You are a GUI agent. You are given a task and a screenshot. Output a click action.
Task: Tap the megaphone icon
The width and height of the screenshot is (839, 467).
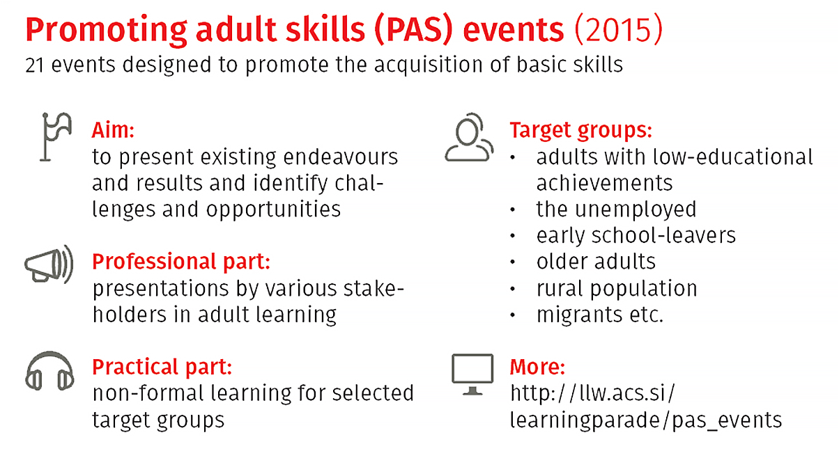point(49,264)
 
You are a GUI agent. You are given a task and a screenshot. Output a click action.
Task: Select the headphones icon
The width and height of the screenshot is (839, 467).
point(49,371)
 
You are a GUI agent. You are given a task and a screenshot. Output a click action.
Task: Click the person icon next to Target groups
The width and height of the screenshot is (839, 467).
point(469,137)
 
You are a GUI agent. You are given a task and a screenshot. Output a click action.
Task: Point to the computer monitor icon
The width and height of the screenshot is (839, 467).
point(472,374)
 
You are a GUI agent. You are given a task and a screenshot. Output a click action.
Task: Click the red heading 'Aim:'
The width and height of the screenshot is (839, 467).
point(113,130)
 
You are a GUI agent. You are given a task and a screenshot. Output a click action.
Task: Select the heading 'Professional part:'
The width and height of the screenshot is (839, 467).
point(181,261)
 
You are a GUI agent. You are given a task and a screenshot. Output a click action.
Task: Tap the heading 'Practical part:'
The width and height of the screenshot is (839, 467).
point(162,367)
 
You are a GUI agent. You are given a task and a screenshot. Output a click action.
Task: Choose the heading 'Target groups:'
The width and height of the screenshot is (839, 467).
point(581,131)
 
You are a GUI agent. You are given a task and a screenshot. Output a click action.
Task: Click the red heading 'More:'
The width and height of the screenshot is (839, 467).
point(537,367)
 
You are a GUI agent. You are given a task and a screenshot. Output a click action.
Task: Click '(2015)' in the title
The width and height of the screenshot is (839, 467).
point(619,29)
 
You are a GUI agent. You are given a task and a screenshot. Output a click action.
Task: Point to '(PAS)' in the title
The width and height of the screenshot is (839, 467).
point(414,29)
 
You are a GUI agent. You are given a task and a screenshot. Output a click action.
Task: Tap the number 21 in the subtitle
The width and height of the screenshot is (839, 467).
point(34,65)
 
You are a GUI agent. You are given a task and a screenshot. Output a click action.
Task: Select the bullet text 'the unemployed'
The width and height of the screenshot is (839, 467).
point(616,209)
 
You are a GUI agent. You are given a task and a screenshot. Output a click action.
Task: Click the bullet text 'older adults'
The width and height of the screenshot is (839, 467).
point(596,261)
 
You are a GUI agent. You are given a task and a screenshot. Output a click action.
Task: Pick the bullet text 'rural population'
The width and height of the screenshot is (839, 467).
point(617,289)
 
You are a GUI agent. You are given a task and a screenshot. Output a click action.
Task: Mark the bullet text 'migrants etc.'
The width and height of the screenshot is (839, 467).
point(600,315)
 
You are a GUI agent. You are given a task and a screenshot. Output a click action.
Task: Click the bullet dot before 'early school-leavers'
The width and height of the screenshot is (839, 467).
point(513,236)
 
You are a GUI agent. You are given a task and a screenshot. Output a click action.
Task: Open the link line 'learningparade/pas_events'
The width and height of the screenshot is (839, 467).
point(646,420)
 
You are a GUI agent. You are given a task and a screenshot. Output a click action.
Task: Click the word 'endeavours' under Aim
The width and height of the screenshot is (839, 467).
point(341,157)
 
